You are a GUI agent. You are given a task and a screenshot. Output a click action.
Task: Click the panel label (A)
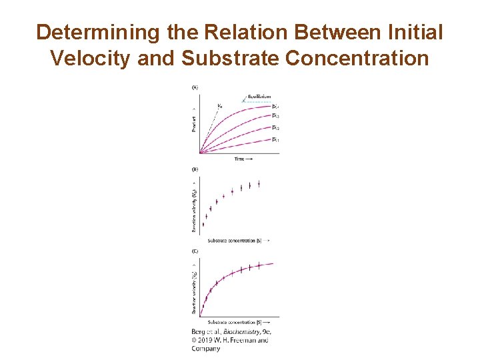pos(195,87)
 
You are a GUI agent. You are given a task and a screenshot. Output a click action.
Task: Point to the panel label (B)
pos(195,169)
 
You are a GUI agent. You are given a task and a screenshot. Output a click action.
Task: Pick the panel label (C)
pos(195,251)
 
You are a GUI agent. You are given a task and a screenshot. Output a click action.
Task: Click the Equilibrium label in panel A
pos(259,97)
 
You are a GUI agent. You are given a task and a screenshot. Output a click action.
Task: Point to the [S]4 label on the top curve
pos(275,106)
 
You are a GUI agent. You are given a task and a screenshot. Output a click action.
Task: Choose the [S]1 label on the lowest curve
pos(275,139)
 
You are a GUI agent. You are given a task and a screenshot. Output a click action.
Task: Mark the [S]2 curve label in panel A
pos(275,128)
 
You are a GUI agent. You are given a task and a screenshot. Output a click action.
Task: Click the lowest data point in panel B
pos(203,225)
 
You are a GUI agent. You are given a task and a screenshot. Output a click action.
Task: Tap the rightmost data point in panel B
pos(259,184)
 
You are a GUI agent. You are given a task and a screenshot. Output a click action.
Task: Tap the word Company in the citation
pos(206,348)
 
